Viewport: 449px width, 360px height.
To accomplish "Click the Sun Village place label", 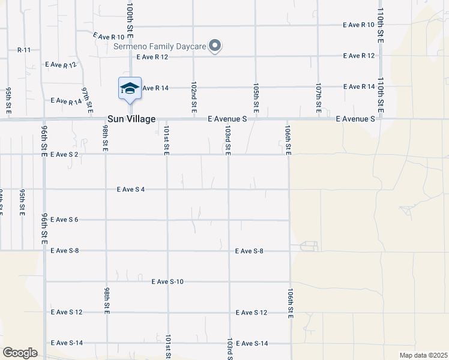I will (x=131, y=119).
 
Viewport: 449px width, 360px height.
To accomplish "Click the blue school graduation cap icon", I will (x=130, y=89).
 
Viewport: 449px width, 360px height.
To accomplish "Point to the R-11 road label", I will (x=24, y=50).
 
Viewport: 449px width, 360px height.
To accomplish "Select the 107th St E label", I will (x=319, y=98).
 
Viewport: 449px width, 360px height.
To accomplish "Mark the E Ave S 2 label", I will (x=65, y=154).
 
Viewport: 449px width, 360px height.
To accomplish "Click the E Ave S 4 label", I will (x=131, y=190).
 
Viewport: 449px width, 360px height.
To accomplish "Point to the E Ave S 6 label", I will (x=65, y=220).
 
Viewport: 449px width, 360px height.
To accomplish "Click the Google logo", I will (x=20, y=353).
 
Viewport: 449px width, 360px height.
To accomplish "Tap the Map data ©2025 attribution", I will (x=423, y=355).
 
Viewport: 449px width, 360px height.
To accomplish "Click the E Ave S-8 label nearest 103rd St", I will (x=250, y=251).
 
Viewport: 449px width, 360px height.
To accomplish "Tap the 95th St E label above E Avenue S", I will (x=9, y=100).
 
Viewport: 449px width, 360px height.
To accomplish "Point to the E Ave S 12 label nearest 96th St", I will (x=67, y=313).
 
